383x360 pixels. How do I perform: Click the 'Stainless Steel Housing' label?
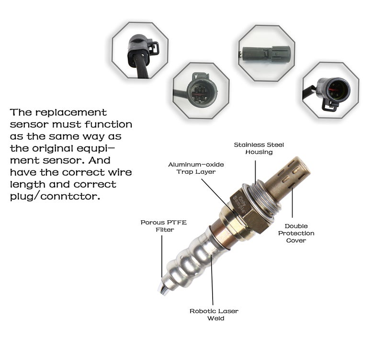coord(255,148)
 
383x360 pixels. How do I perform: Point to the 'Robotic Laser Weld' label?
coord(214,315)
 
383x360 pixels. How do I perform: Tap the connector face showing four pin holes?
coord(198,89)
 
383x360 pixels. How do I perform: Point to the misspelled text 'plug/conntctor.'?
coord(55,196)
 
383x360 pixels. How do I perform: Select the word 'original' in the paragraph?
coord(55,148)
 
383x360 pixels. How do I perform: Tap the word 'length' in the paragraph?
coord(27,184)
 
